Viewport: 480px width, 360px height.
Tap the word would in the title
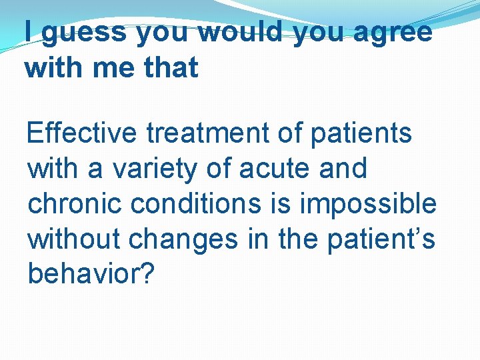[x=241, y=32]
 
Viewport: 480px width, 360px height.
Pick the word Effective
[x=82, y=133]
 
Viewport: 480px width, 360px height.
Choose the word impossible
[x=368, y=205]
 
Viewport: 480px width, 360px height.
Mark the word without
[x=73, y=238]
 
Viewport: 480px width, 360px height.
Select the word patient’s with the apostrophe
[x=382, y=239]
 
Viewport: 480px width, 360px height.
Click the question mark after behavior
[x=147, y=273]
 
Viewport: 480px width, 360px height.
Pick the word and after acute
[x=343, y=169]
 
